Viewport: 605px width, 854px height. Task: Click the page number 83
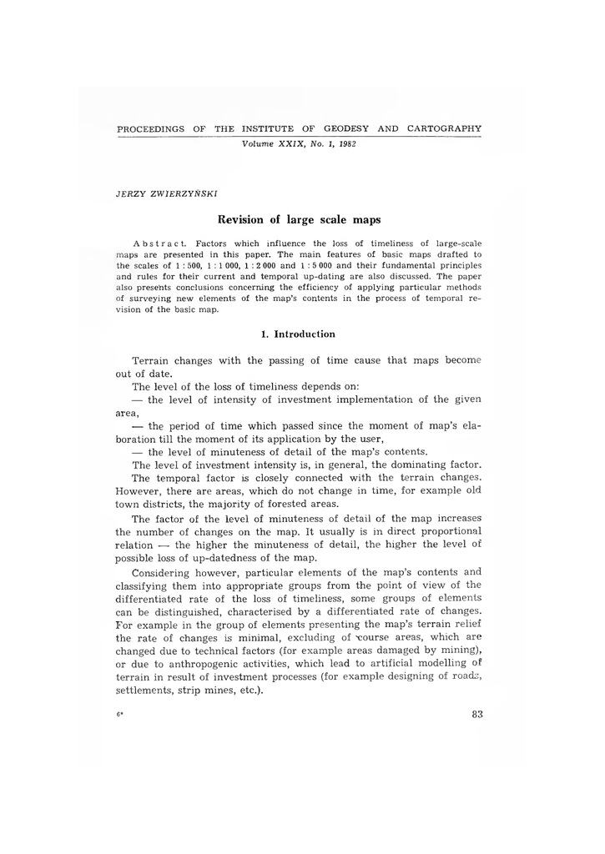(477, 713)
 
